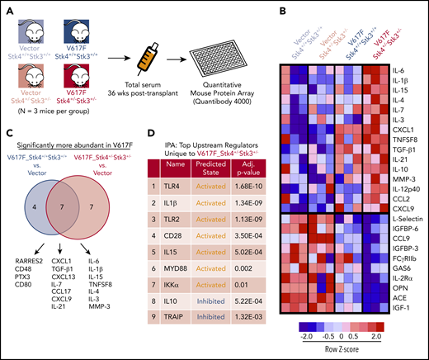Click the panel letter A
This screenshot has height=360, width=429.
point(7,7)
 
